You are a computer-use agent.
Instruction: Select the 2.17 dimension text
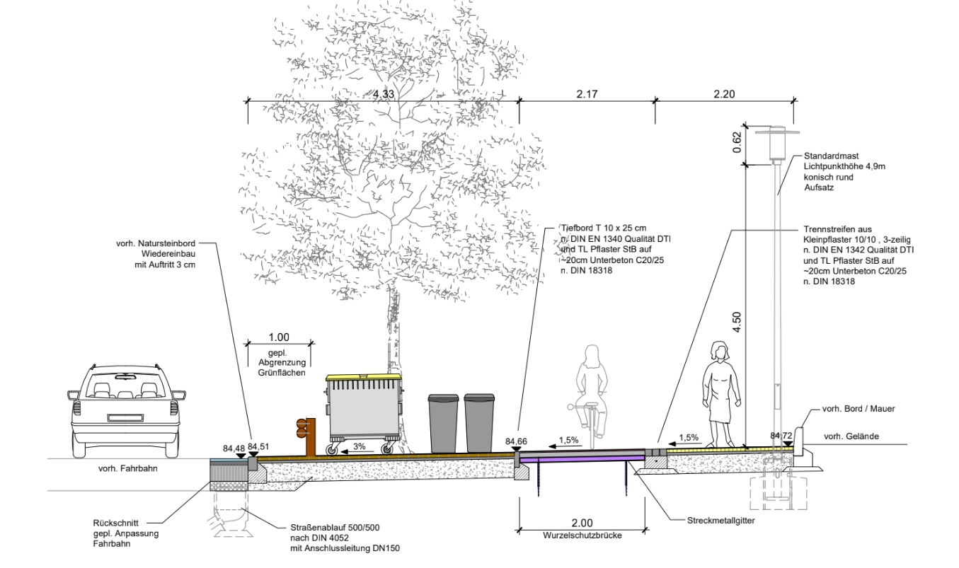click(x=587, y=94)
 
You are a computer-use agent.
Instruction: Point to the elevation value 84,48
click(x=233, y=448)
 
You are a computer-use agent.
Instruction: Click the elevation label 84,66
click(x=517, y=442)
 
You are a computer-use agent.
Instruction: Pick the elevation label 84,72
click(x=782, y=436)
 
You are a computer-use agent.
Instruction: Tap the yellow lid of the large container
click(x=363, y=377)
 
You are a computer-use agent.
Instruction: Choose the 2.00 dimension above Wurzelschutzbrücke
click(x=582, y=523)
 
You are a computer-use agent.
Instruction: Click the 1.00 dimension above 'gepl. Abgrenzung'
click(x=280, y=337)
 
